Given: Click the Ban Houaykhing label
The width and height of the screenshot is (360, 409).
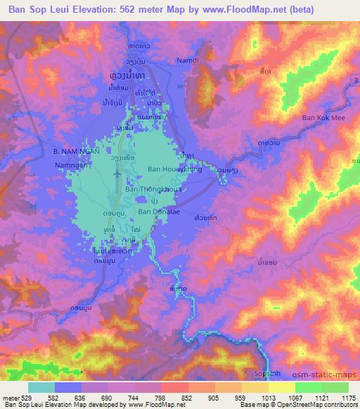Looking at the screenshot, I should point(174,169).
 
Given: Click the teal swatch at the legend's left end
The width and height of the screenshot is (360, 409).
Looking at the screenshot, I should point(41,387).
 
